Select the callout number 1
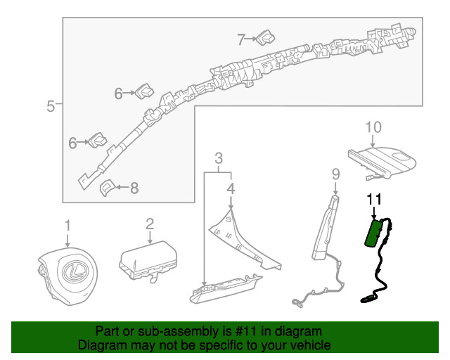pyautogui.click(x=67, y=226)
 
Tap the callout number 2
pyautogui.click(x=150, y=224)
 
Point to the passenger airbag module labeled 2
pyautogui.click(x=148, y=260)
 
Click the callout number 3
pyautogui.click(x=219, y=158)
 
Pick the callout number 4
pyautogui.click(x=231, y=188)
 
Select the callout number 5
pyautogui.click(x=50, y=106)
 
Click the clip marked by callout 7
pyautogui.click(x=266, y=37)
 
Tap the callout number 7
pyautogui.click(x=241, y=39)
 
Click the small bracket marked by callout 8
pyautogui.click(x=107, y=188)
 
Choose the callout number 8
pyautogui.click(x=134, y=188)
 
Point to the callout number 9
pyautogui.click(x=336, y=174)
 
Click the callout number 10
pyautogui.click(x=373, y=127)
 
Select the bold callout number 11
pyautogui.click(x=375, y=200)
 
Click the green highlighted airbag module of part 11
pyautogui.click(x=373, y=233)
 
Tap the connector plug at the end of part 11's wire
pyautogui.click(x=368, y=299)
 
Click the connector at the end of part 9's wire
pyautogui.click(x=297, y=304)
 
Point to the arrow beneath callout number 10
pyautogui.click(x=373, y=141)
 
